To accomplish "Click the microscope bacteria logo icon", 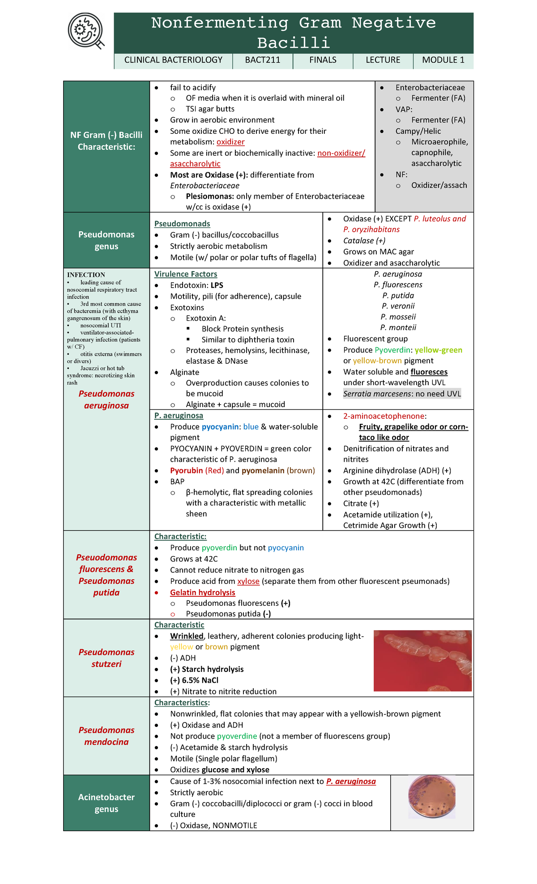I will [86, 31].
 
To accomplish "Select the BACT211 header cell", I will [263, 60].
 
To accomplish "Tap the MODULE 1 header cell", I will [443, 60].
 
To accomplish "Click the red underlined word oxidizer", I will [230, 142].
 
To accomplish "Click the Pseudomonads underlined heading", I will [182, 224].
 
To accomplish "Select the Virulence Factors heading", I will [186, 274].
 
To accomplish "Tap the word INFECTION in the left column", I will [86, 275].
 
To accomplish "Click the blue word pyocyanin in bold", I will [220, 427].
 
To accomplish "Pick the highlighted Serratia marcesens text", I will [401, 394].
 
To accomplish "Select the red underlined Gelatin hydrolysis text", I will [202, 592].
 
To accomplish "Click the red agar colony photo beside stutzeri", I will [422, 661].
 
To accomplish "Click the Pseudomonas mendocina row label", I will [107, 736].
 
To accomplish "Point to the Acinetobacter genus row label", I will [107, 803].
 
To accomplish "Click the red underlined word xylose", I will [248, 581].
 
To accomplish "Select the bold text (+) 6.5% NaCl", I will [194, 680].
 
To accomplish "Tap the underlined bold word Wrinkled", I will [187, 636].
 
